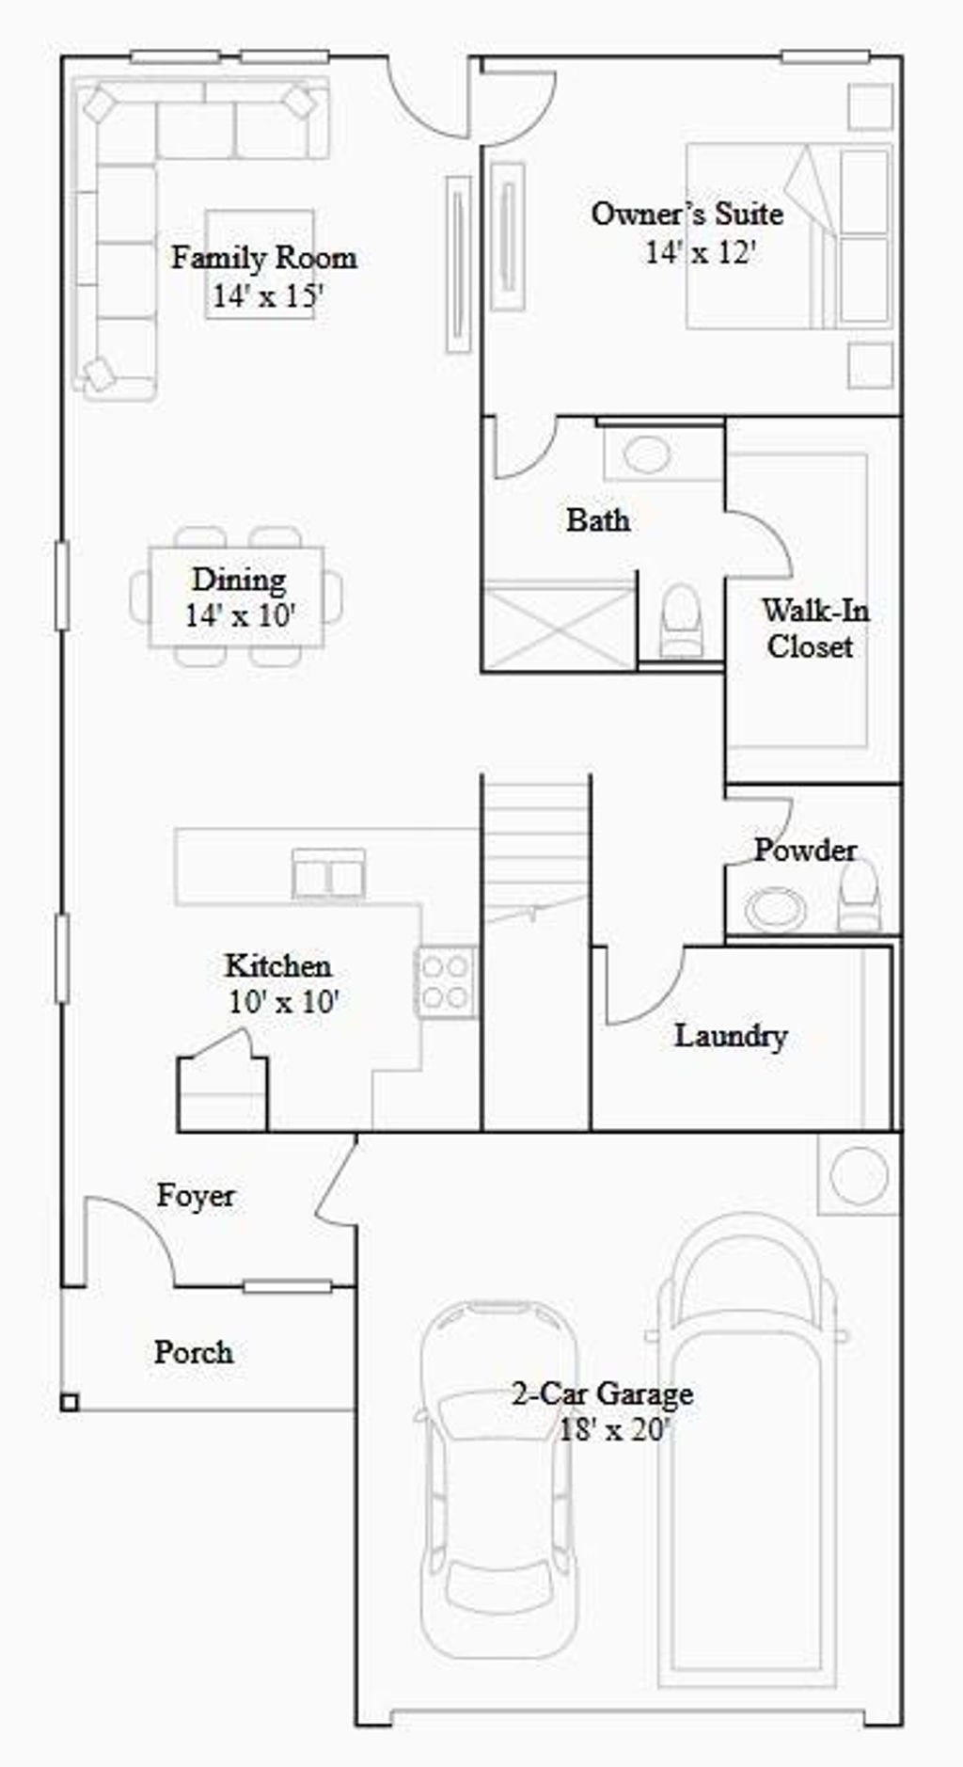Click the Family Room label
click(x=263, y=258)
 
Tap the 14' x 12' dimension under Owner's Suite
click(x=701, y=252)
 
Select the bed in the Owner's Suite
click(x=788, y=236)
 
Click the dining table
click(x=236, y=597)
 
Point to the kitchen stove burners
click(x=445, y=981)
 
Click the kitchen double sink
click(x=328, y=875)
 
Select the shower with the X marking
click(x=559, y=626)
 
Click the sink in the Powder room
click(x=774, y=909)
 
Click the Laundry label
click(x=731, y=1036)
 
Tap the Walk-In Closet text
click(x=813, y=629)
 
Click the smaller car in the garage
click(x=497, y=1477)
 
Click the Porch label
click(x=194, y=1352)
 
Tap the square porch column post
click(x=70, y=1403)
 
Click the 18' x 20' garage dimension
click(x=614, y=1430)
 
